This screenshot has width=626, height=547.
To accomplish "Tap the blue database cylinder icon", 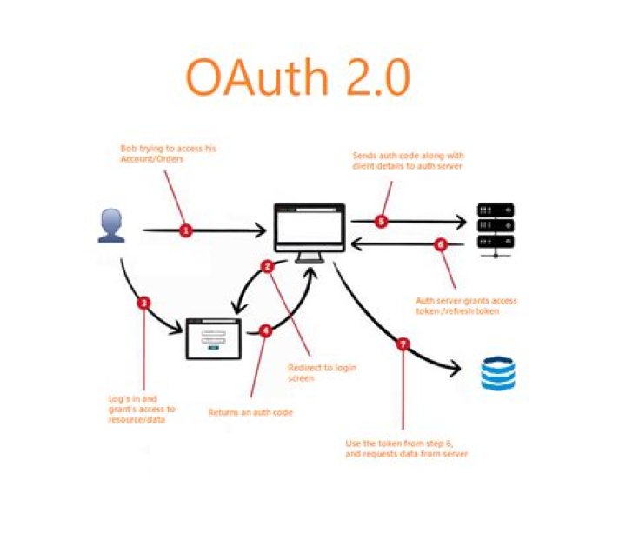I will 498,372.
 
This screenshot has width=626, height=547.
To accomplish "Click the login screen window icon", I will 212,339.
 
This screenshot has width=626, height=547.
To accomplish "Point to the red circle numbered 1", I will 185,230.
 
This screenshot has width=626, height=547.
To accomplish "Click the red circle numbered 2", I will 269,266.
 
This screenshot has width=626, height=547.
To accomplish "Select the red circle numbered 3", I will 144,304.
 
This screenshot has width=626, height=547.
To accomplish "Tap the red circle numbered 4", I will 265,330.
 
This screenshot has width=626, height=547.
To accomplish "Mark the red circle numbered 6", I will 440,244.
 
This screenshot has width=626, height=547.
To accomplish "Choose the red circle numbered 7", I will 402,344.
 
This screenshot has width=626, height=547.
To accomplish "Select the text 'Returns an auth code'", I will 250,412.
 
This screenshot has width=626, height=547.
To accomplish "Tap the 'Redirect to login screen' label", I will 322,372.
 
